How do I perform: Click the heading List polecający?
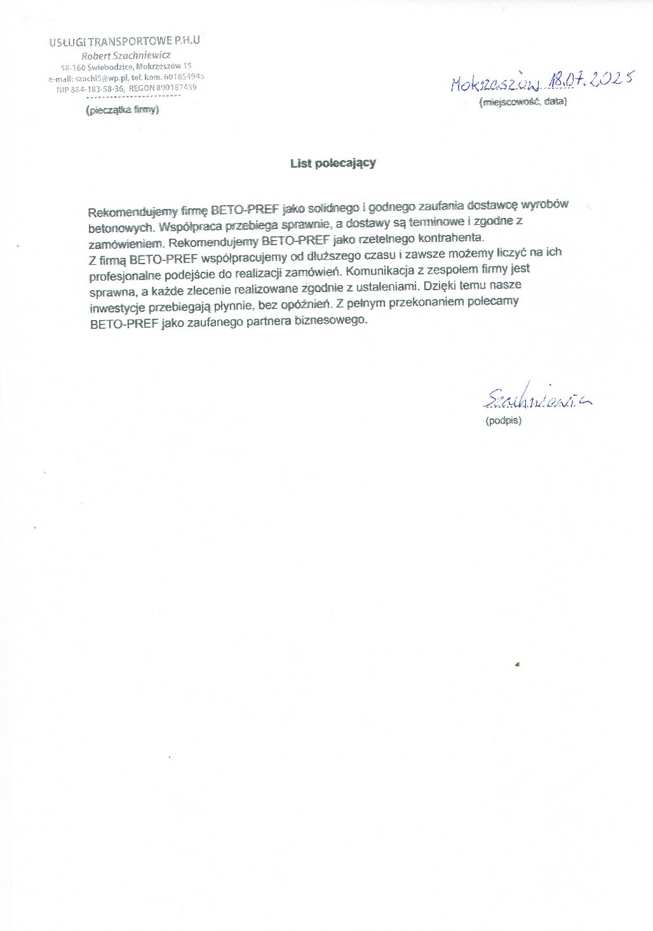click(x=333, y=163)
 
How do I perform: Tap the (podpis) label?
click(x=502, y=420)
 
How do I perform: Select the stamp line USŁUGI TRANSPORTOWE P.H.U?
click(x=128, y=42)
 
